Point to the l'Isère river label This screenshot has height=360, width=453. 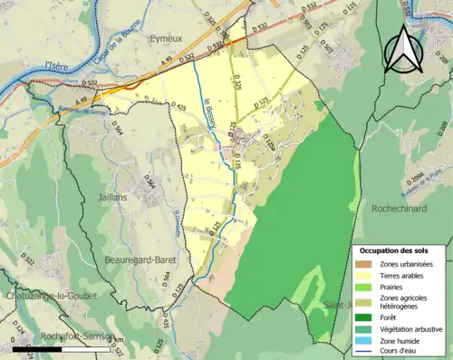pos(58,64)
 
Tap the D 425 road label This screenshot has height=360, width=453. pos(178,112)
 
